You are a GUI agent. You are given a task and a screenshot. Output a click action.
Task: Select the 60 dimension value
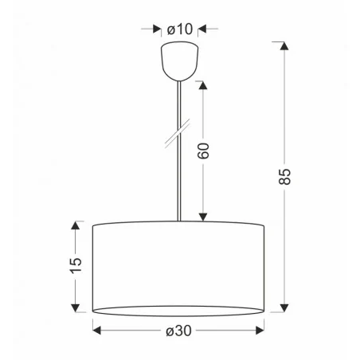click(204, 150)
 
